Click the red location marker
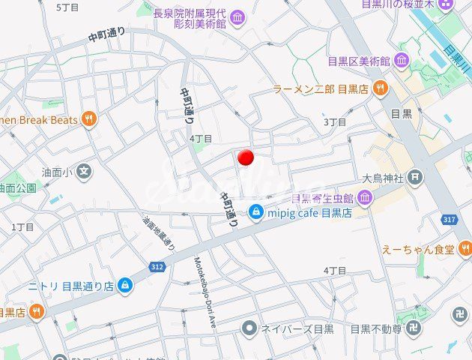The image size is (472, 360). click(x=246, y=157)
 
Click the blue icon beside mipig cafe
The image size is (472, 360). click(x=256, y=212)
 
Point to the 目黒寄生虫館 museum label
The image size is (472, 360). click(x=323, y=198)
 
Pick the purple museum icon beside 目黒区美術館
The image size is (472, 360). click(x=402, y=61)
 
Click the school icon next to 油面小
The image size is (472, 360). click(x=84, y=172)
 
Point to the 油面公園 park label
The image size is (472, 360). click(x=17, y=187)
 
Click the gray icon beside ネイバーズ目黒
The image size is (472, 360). click(x=249, y=328)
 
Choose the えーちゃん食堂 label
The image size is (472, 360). click(x=417, y=249)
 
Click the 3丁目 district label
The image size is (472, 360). click(x=335, y=121)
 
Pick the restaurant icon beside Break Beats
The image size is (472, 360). click(x=89, y=119)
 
